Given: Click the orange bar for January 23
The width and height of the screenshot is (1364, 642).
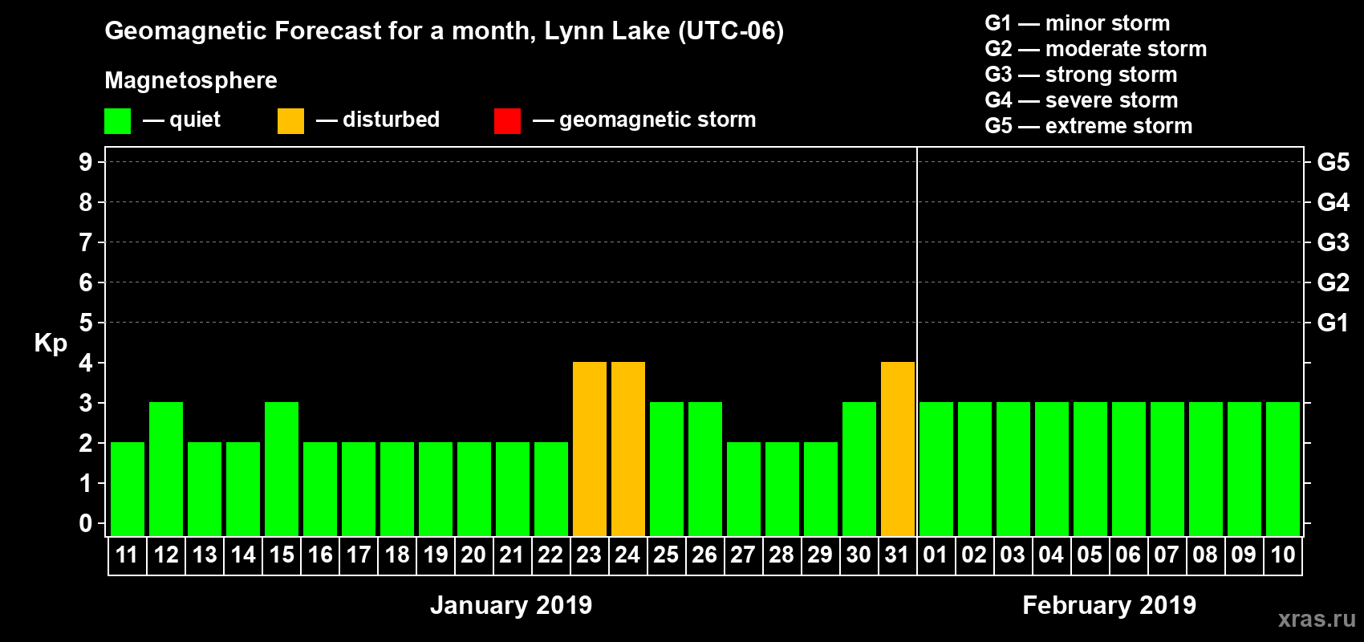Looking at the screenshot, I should pyautogui.click(x=590, y=449).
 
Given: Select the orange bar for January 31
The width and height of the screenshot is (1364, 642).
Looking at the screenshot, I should pyautogui.click(x=898, y=449).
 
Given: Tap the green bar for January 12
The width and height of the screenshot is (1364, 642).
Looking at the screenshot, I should pyautogui.click(x=166, y=469).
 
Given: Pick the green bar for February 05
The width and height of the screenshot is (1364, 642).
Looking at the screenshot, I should pyautogui.click(x=1090, y=469).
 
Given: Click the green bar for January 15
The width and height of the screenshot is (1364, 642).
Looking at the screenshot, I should pyautogui.click(x=282, y=469).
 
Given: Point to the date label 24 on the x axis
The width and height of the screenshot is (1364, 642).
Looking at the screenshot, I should pyautogui.click(x=627, y=555).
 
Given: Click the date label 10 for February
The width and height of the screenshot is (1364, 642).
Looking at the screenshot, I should pyautogui.click(x=1282, y=555).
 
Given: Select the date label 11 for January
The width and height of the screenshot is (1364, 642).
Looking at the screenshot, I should pyautogui.click(x=127, y=555).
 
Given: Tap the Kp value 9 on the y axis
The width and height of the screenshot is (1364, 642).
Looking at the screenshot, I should pyautogui.click(x=85, y=162).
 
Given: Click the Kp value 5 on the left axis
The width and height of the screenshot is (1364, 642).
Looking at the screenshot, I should pyautogui.click(x=85, y=323).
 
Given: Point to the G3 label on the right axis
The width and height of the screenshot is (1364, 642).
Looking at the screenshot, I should pyautogui.click(x=1333, y=242).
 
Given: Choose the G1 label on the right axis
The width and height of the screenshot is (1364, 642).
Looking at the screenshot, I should pyautogui.click(x=1333, y=323).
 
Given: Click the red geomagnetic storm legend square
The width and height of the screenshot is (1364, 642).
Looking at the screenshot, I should pyautogui.click(x=507, y=121).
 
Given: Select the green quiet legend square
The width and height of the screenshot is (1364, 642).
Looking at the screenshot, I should pyautogui.click(x=118, y=121).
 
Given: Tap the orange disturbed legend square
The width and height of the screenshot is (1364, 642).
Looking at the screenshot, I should pyautogui.click(x=290, y=121).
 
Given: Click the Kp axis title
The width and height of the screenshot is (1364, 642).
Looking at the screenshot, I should pyautogui.click(x=51, y=343).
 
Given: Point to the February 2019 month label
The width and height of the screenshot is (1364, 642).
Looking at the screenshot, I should pyautogui.click(x=1109, y=605).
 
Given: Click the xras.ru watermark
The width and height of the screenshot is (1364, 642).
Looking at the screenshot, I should pyautogui.click(x=1317, y=619).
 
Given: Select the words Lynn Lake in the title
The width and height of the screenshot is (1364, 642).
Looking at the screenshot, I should pyautogui.click(x=607, y=31).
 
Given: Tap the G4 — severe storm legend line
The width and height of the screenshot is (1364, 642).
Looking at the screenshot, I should pyautogui.click(x=1081, y=100).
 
